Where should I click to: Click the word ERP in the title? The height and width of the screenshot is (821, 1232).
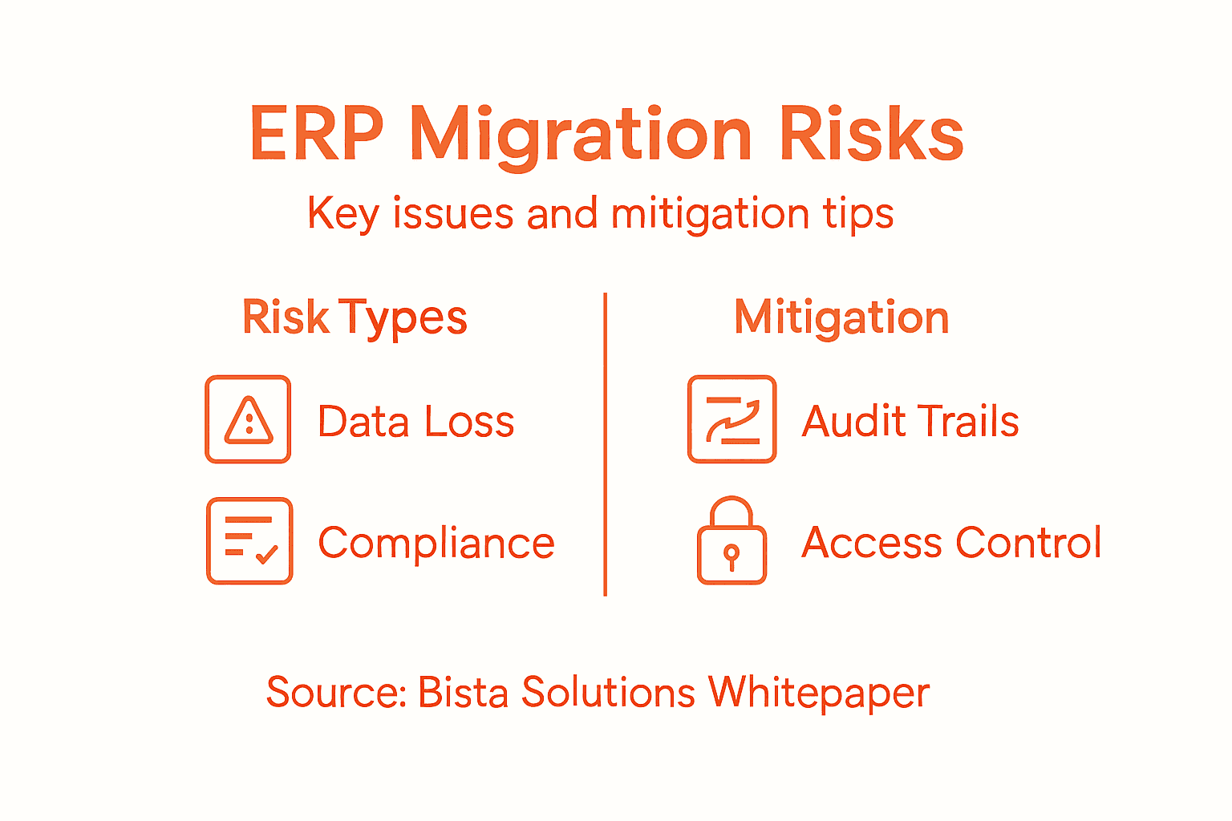click(316, 134)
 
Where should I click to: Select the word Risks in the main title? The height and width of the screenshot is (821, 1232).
click(871, 134)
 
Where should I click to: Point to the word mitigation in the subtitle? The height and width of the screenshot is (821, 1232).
click(710, 215)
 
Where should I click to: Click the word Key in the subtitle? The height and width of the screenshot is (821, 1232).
click(342, 215)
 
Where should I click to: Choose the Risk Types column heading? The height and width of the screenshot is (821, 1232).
click(355, 318)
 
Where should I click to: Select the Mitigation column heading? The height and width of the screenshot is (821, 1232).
click(841, 318)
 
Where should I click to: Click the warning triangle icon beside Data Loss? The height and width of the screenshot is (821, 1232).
click(249, 419)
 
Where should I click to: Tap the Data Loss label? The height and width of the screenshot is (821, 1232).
click(415, 422)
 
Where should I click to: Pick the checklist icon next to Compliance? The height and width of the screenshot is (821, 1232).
click(249, 540)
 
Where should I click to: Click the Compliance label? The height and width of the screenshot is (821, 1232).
click(436, 543)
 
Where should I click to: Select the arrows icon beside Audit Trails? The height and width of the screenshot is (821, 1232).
click(731, 419)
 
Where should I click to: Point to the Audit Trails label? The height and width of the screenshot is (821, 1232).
click(910, 422)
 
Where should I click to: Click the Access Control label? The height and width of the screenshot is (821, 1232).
click(951, 543)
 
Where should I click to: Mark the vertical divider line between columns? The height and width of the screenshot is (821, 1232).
click(605, 445)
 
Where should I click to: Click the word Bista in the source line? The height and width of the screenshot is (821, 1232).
click(463, 692)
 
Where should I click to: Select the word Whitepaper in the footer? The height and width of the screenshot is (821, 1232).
click(818, 694)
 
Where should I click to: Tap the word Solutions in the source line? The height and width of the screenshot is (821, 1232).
click(608, 692)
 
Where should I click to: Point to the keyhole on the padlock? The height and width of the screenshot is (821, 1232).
click(731, 555)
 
